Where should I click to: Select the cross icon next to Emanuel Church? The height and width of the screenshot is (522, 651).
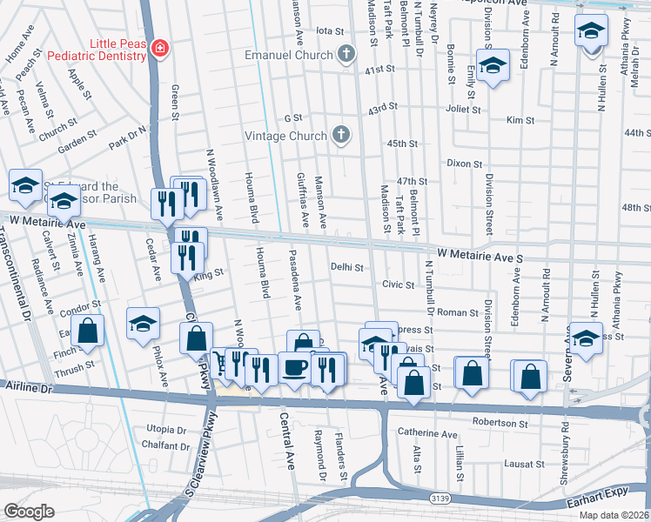346,55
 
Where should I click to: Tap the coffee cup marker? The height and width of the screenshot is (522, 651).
293,367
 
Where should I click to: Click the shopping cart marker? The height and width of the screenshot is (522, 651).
222,365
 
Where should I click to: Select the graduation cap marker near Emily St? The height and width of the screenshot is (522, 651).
493,67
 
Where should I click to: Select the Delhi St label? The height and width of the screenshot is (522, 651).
346,267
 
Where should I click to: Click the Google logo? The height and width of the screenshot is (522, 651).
29,511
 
